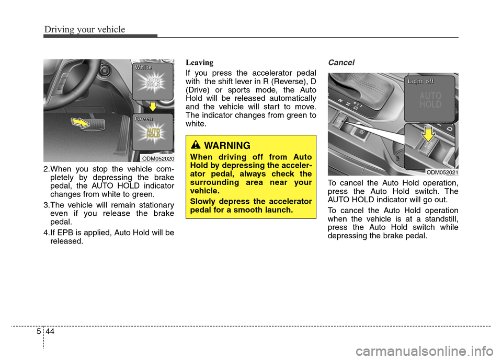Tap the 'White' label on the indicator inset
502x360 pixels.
click(x=143, y=67)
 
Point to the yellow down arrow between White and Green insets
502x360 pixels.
click(x=153, y=107)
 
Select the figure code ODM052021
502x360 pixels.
click(x=442, y=172)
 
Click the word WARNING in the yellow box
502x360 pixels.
click(x=228, y=146)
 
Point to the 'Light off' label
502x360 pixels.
click(x=421, y=81)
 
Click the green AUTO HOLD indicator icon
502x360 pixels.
click(x=153, y=133)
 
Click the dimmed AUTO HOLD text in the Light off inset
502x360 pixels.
click(x=430, y=100)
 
